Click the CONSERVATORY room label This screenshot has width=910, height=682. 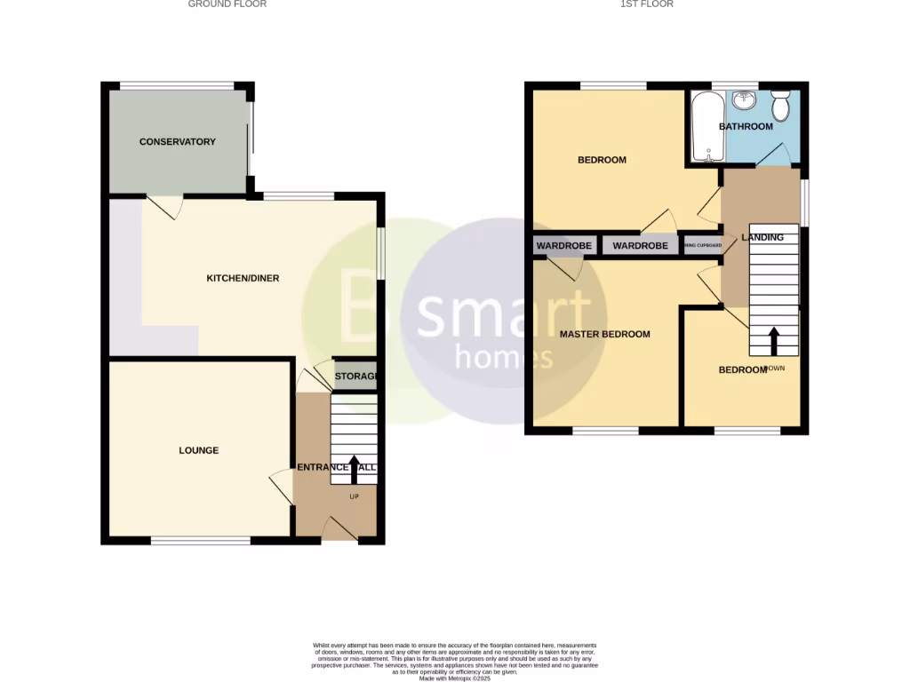178,142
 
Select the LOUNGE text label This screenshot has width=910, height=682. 198,451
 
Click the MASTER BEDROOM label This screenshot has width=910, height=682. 604,335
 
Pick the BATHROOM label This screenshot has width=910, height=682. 746,127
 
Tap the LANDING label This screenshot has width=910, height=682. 762,238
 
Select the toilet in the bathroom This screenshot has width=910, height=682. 780,107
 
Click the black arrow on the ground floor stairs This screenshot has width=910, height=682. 354,469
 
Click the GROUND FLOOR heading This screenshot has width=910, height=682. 227,4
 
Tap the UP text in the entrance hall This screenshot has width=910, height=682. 354,496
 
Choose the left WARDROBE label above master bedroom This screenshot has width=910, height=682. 558,246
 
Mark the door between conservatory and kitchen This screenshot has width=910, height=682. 166,205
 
